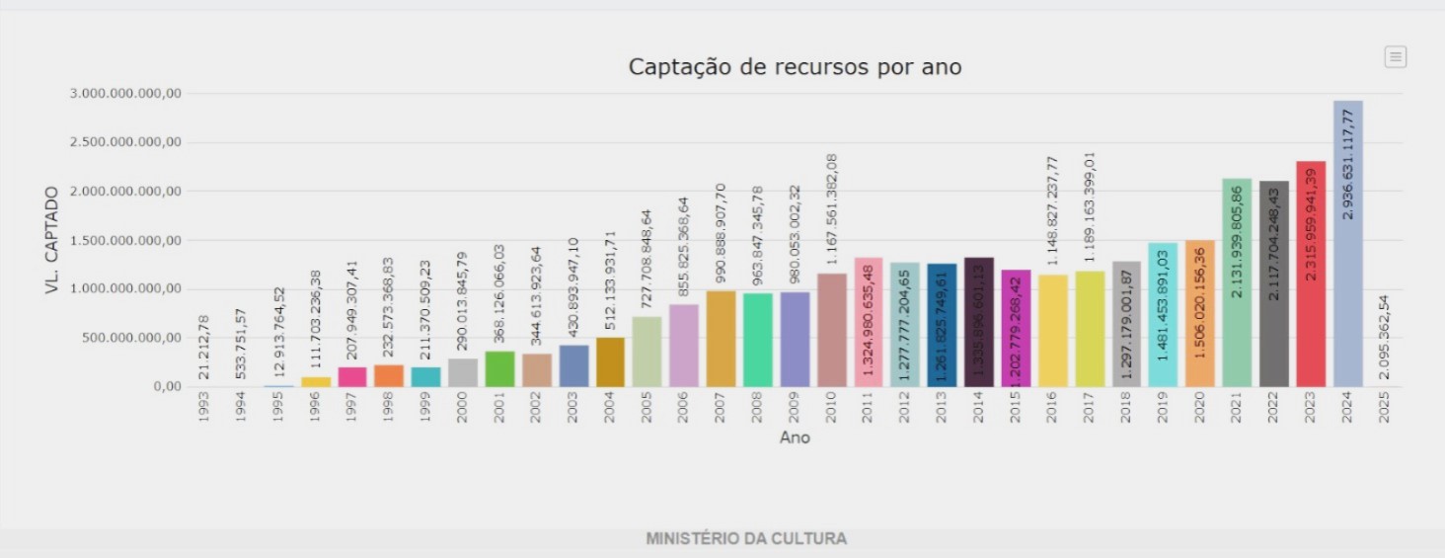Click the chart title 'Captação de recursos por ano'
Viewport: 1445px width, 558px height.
(x=795, y=67)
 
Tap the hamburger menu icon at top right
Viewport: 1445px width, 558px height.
(x=1395, y=57)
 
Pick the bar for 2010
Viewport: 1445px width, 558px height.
(x=832, y=330)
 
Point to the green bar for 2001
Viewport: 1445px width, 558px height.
(x=499, y=369)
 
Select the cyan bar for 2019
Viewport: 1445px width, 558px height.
(x=1163, y=315)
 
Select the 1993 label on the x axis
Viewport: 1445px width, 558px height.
(x=204, y=409)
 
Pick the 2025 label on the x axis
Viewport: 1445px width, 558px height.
(x=1385, y=409)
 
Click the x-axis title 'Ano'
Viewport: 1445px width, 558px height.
(x=795, y=437)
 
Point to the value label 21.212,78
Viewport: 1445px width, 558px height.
(x=204, y=347)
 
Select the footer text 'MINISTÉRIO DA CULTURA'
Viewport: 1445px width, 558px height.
(x=746, y=539)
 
